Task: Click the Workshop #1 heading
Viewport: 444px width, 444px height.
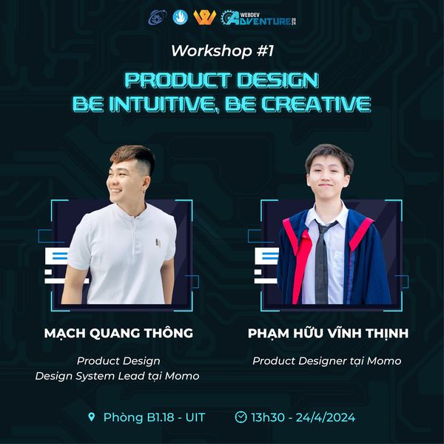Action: pos(223,51)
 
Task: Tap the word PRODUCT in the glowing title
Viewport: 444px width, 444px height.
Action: pos(177,80)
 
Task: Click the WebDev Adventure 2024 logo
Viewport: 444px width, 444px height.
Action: pos(258,18)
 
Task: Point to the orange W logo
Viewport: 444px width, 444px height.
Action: pos(204,18)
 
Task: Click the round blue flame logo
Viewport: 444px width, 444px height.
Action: pos(181,17)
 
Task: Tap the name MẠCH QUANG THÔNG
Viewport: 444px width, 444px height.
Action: pos(118,333)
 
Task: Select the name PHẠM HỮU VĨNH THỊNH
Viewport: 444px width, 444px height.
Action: pos(328,333)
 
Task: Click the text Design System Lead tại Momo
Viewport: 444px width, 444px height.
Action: pos(117,376)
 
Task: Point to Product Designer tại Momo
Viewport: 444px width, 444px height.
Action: pos(327,361)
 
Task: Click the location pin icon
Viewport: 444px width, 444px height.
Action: pos(92,417)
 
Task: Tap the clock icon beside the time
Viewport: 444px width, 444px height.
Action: pos(240,417)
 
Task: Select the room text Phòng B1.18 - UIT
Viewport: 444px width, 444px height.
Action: pos(154,417)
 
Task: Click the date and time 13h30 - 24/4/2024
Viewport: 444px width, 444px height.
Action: pos(303,417)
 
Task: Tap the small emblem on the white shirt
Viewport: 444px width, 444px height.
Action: pos(158,243)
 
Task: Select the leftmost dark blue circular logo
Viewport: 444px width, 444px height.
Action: pos(158,18)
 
